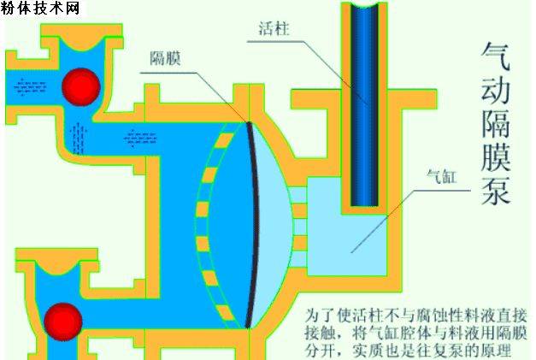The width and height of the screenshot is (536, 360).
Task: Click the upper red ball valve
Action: pyautogui.click(x=81, y=86)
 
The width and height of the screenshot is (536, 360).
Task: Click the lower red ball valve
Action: pyautogui.click(x=63, y=322)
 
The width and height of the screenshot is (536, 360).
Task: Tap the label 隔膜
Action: pyautogui.click(x=165, y=58)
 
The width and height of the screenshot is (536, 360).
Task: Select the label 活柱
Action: pyautogui.click(x=274, y=28)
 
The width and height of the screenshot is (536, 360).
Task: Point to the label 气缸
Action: pyautogui.click(x=442, y=177)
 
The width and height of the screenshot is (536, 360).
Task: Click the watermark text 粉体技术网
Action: pyautogui.click(x=40, y=8)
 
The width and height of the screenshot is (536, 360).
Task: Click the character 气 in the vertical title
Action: pyautogui.click(x=496, y=56)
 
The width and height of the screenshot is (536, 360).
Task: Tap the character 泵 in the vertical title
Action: pyautogui.click(x=496, y=190)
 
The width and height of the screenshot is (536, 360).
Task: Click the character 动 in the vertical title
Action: pyautogui.click(x=496, y=91)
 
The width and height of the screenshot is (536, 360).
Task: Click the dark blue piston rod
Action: pyautogui.click(x=364, y=106)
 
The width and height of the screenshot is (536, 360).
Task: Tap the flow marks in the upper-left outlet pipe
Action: pyautogui.click(x=30, y=87)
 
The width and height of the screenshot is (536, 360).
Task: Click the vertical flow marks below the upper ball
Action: pyautogui.click(x=79, y=138)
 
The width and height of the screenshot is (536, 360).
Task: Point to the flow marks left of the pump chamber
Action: pyautogui.click(x=140, y=139)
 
